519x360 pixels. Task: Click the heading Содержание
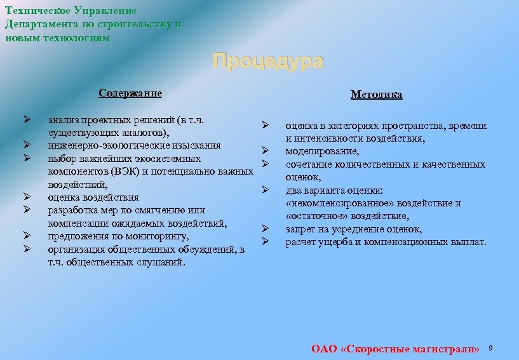click(x=130, y=93)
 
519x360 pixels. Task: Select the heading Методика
click(x=376, y=95)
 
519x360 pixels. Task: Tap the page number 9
click(x=490, y=349)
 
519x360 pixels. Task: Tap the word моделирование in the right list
click(x=321, y=151)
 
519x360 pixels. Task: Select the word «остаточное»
click(x=316, y=217)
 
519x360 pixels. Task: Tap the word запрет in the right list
click(x=300, y=229)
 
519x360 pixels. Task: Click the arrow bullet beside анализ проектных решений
click(x=27, y=119)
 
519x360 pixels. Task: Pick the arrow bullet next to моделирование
click(x=266, y=151)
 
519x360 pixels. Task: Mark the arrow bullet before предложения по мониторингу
click(x=27, y=237)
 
